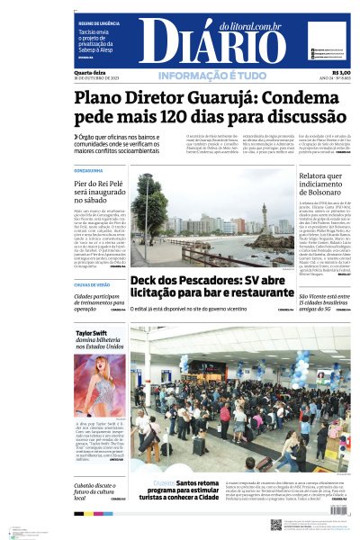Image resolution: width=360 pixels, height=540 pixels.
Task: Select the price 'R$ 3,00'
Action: pos(341,73)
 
